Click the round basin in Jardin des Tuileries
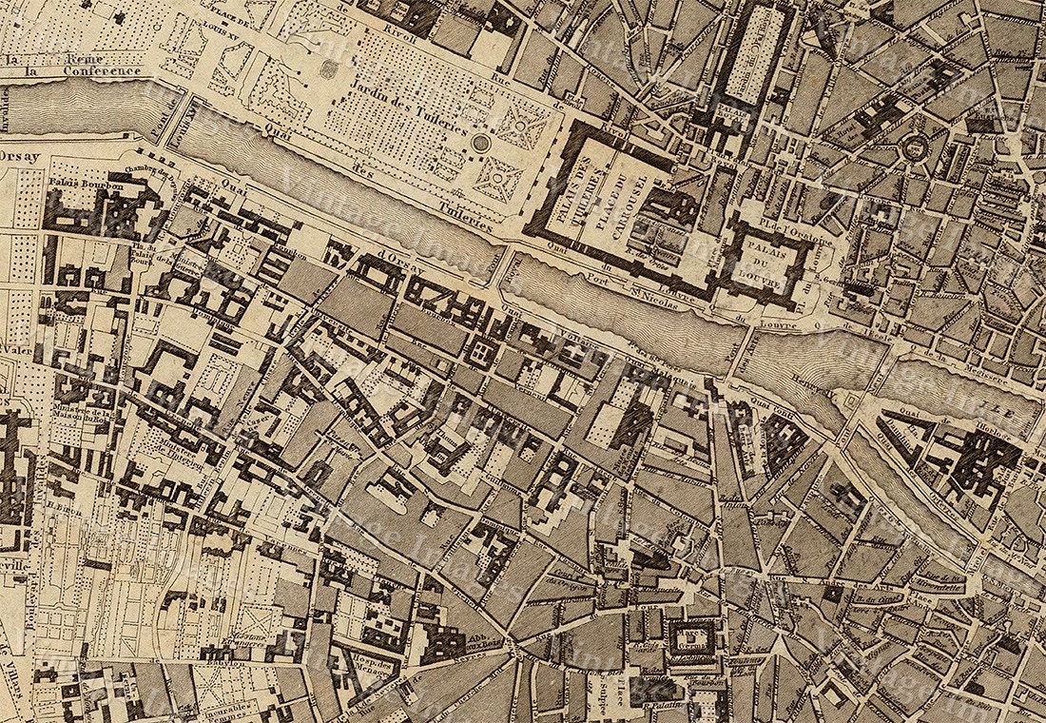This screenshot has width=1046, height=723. coord(481,144)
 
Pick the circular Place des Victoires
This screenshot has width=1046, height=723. coord(916,146)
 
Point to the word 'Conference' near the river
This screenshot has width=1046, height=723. coord(102,71)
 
